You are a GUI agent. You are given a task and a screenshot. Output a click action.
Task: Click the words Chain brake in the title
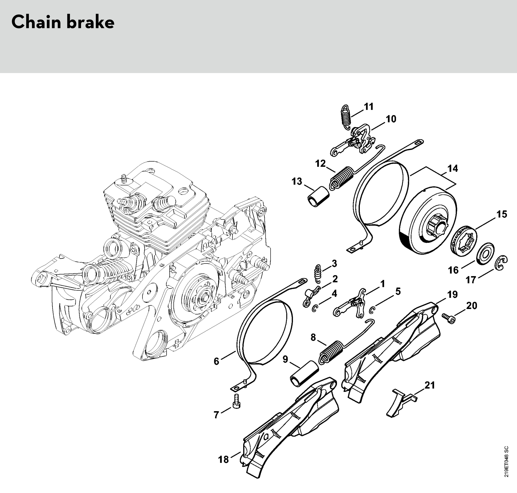tap(63, 22)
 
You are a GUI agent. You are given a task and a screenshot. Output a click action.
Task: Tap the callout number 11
tap(369, 107)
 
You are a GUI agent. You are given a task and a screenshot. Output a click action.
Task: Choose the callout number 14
tap(453, 168)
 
